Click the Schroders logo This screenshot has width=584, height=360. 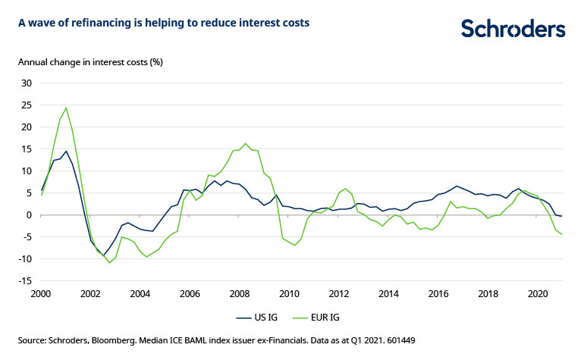513,28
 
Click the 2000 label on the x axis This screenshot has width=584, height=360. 41,293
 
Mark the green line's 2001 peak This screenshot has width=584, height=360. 66,108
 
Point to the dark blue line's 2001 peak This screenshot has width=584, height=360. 66,151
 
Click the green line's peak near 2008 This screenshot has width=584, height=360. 245,143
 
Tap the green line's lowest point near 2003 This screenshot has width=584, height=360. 109,263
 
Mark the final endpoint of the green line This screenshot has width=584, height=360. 561,234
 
